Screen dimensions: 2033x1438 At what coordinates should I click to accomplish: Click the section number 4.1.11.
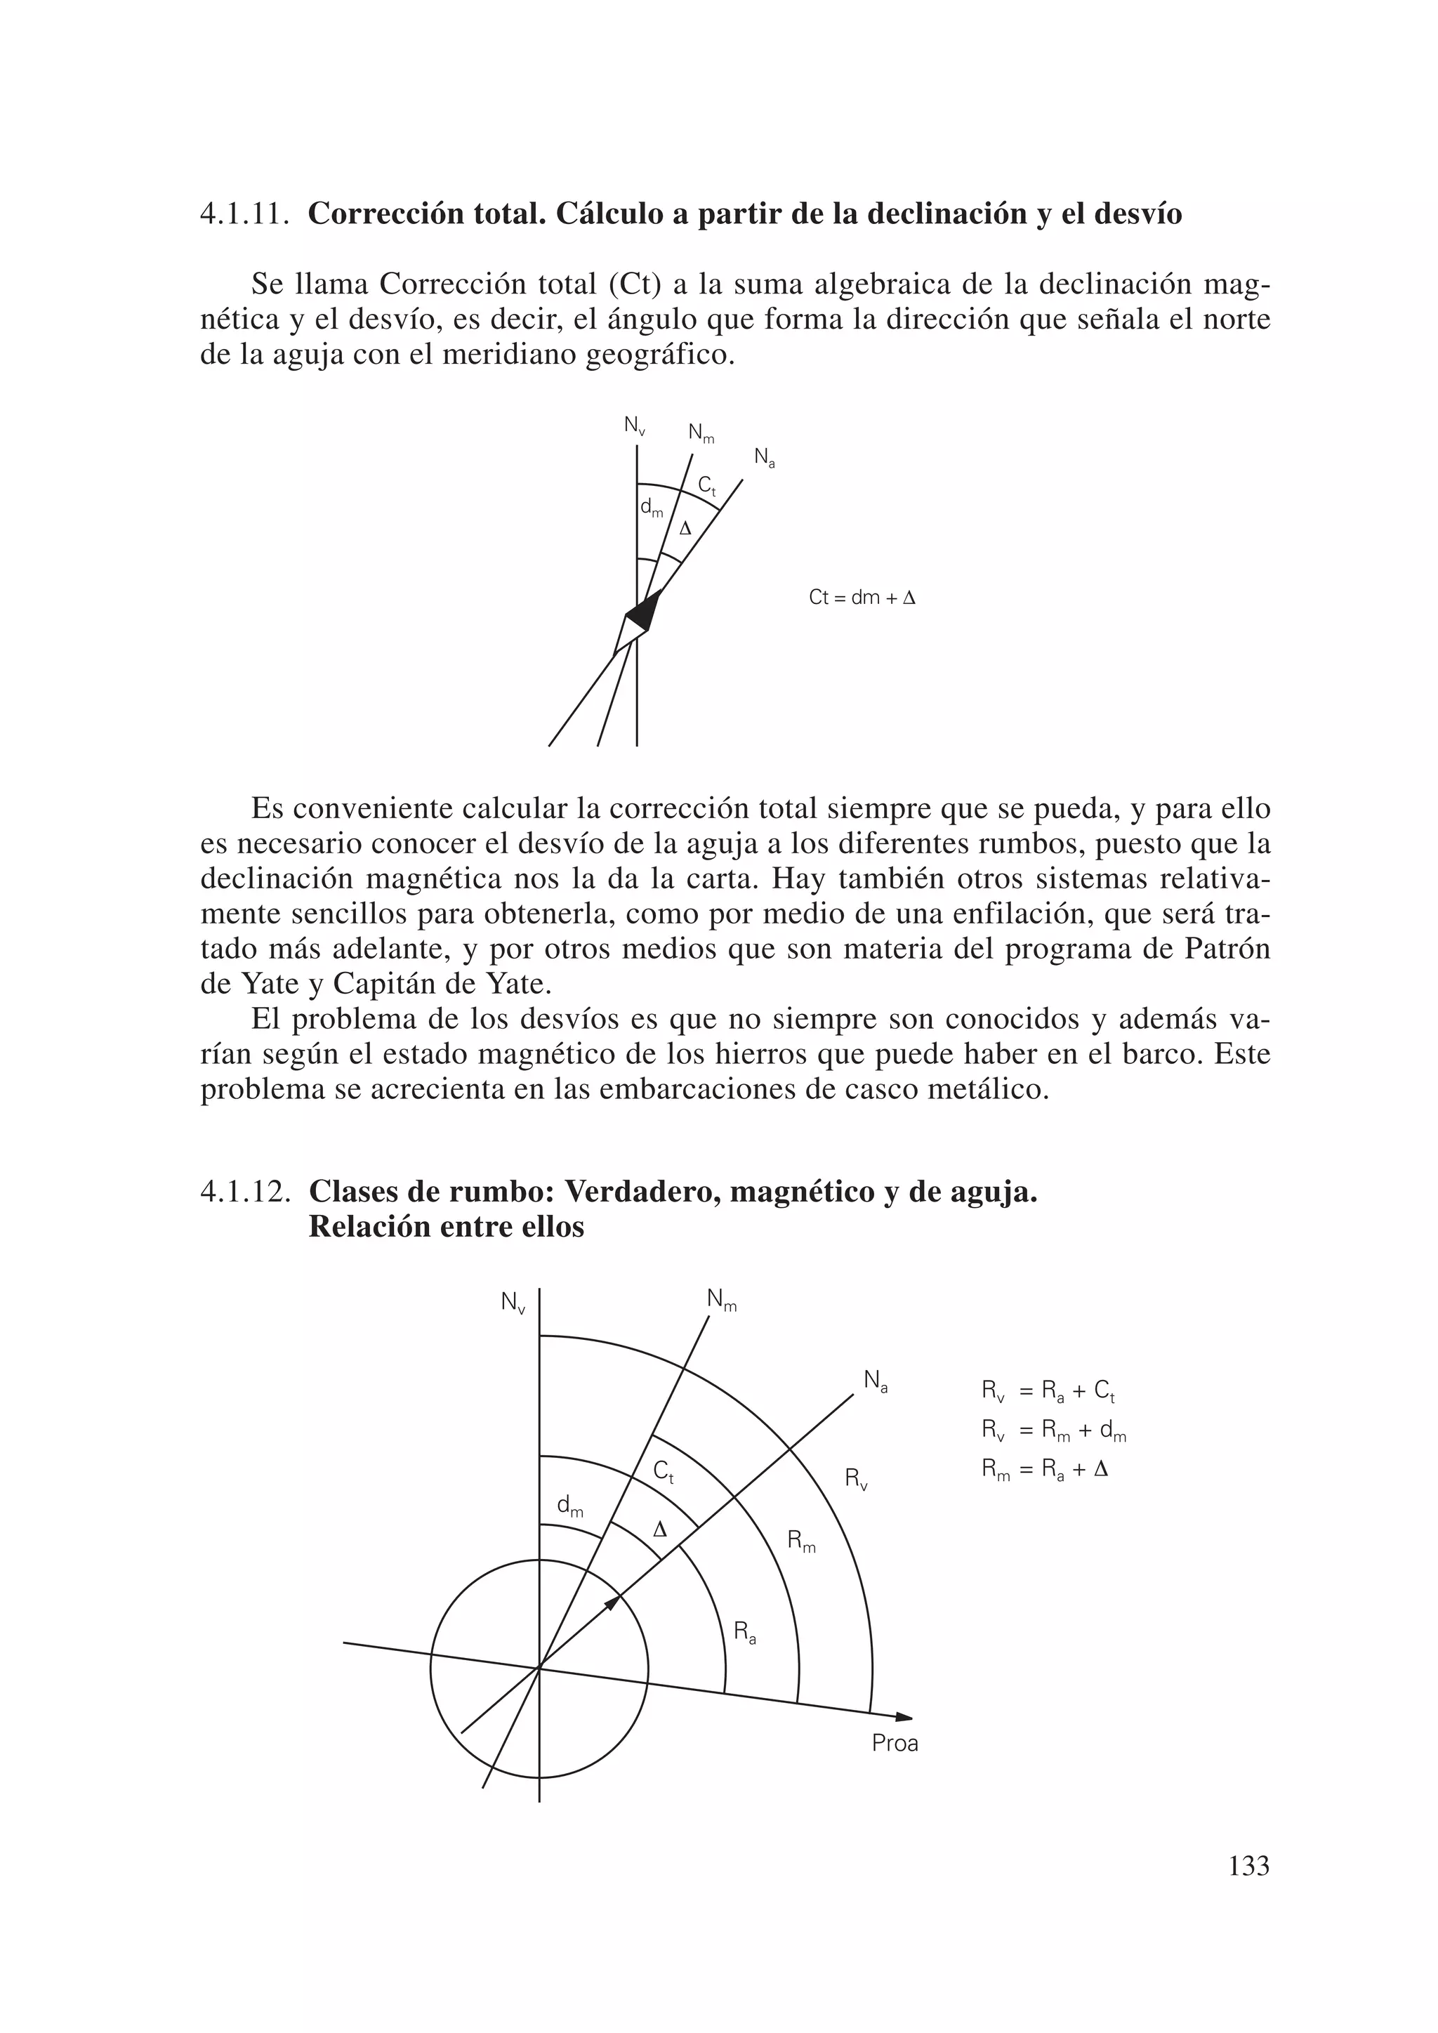point(245,214)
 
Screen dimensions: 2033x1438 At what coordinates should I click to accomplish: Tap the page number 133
point(1248,1867)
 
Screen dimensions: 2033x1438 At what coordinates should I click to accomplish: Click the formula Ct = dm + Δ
point(862,598)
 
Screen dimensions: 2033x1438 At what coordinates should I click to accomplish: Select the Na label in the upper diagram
point(764,458)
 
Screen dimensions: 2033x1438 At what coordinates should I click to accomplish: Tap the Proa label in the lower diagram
point(895,1744)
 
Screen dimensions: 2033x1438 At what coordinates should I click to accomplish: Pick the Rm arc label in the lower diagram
point(801,1541)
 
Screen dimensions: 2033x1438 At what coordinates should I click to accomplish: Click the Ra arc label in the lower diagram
point(745,1631)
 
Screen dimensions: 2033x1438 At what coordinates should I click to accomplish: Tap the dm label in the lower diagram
point(569,1506)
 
